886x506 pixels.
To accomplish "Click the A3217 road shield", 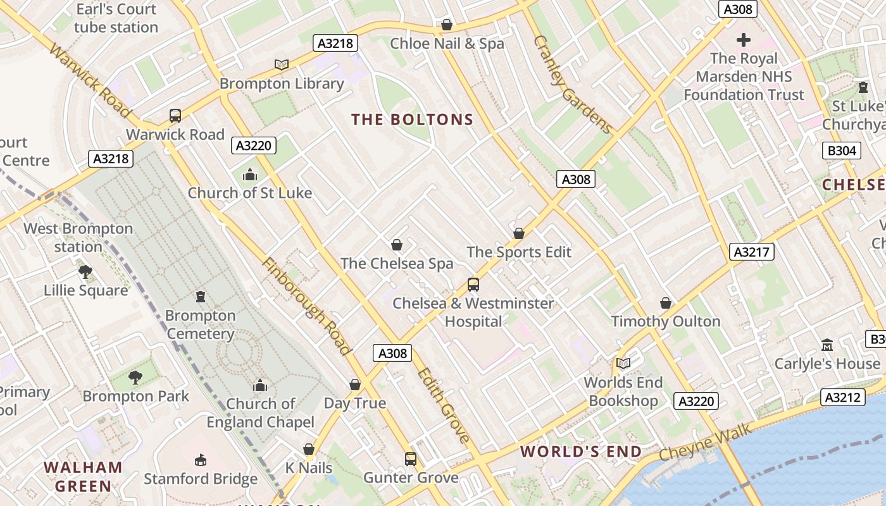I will pos(752,252).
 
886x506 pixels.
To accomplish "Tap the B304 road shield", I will pos(842,151).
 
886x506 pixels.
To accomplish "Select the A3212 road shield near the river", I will pos(843,397).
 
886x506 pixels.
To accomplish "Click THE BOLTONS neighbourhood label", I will pos(413,120).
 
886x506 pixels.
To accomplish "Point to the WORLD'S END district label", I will pos(581,452).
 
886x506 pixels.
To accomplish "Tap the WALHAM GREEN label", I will pos(83,477).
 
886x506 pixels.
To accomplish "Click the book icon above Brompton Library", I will pos(282,65).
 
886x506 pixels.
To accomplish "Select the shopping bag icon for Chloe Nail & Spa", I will pos(446,25).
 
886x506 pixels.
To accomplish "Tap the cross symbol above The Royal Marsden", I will pos(743,40).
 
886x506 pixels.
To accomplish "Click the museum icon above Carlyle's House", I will pos(827,345).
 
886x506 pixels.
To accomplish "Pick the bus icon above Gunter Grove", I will pos(411,459).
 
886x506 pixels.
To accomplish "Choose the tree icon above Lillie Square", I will pos(85,272).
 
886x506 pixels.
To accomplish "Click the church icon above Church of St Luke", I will pos(250,174).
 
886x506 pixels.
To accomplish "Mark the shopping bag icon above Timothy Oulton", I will pos(666,303).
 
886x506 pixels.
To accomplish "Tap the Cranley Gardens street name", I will pos(573,85).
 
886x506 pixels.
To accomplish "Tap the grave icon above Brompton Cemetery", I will pos(201,296).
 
